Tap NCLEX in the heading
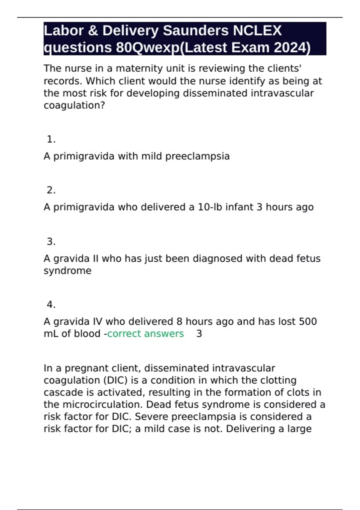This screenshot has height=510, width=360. (x=257, y=31)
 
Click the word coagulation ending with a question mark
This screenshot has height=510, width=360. (x=74, y=105)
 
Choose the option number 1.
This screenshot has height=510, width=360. (x=51, y=139)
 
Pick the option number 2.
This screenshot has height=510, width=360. (x=51, y=190)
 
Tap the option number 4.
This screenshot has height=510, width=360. (x=51, y=304)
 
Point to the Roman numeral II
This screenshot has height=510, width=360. (x=95, y=258)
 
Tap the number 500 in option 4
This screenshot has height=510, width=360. (x=308, y=321)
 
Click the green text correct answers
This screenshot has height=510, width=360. (x=145, y=334)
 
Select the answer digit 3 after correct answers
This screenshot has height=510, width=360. (x=199, y=334)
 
